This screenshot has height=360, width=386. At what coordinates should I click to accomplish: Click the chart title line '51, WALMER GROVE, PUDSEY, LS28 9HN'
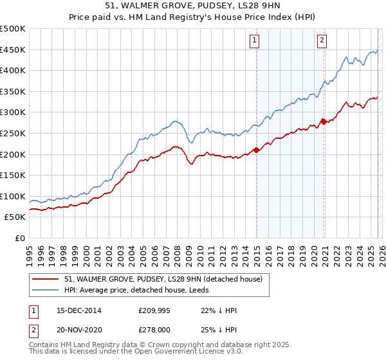(x=193, y=6)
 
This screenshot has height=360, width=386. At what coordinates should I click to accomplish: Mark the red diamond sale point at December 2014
(x=256, y=150)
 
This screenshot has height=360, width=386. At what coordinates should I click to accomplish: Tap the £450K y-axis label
(x=14, y=50)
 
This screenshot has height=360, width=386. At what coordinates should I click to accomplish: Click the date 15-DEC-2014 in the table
(x=74, y=310)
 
